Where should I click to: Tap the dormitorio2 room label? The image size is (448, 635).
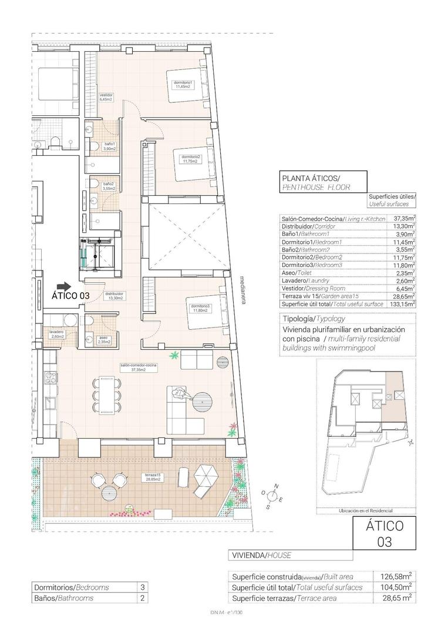[x=191, y=159]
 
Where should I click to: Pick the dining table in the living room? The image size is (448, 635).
[x=108, y=395]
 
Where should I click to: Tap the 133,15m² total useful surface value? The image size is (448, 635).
[x=403, y=304]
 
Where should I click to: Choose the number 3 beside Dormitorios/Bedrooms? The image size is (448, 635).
[x=142, y=587]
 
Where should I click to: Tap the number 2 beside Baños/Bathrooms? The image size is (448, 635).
[x=142, y=598]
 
